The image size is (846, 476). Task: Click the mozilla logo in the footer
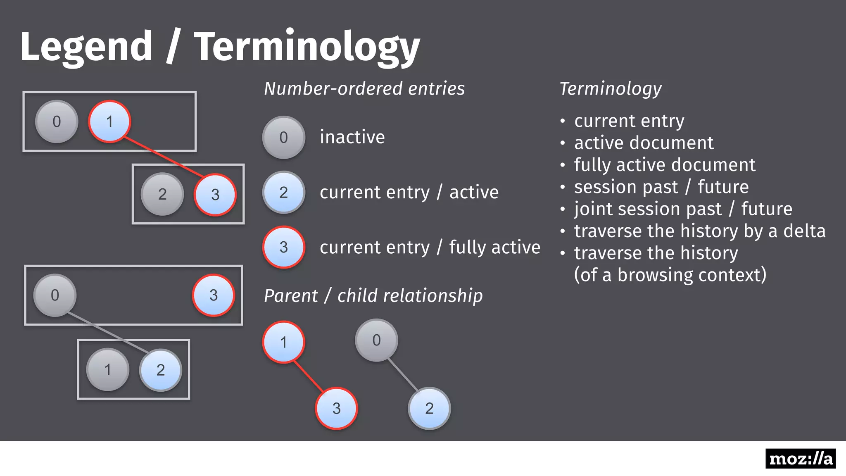800,459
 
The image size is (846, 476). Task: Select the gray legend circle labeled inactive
283,137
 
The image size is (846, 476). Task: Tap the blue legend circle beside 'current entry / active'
283,192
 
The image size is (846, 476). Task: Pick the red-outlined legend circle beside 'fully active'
283,247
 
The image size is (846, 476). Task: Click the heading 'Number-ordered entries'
364,88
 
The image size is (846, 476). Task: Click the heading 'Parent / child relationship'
373,296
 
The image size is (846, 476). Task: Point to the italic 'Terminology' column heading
611,88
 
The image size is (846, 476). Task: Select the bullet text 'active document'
644,143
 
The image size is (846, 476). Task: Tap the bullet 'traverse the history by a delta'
699,231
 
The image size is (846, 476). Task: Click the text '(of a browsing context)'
670,275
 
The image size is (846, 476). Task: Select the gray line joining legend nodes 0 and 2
403,374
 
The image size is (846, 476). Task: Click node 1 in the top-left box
109,121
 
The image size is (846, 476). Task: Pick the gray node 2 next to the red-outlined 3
162,194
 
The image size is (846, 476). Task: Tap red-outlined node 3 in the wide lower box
213,295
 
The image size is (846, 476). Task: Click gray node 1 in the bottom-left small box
107,369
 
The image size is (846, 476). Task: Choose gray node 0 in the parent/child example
376,340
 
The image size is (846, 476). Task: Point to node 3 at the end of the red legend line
336,408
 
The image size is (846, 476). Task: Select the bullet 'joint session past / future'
683,209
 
